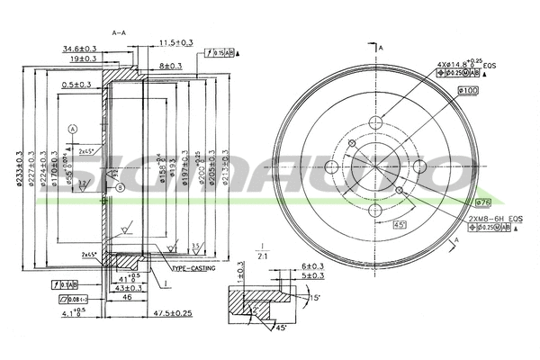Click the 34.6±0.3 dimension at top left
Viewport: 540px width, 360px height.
(x=81, y=48)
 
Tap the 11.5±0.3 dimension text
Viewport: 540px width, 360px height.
(x=177, y=42)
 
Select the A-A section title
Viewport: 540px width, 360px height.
(x=118, y=32)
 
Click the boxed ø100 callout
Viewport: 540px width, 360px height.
(x=467, y=90)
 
